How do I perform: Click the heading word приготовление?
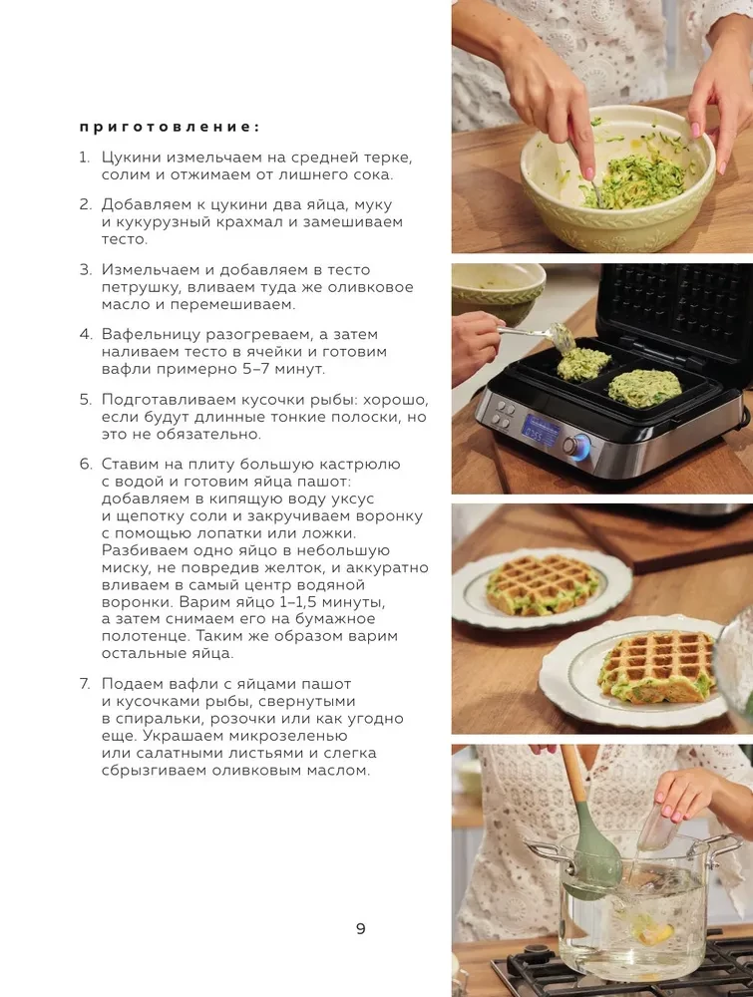point(169,127)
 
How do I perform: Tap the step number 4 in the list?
point(85,334)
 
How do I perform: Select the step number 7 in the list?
point(85,683)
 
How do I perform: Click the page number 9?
point(360,928)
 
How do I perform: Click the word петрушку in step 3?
point(145,287)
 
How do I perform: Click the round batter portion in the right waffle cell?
point(643,387)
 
